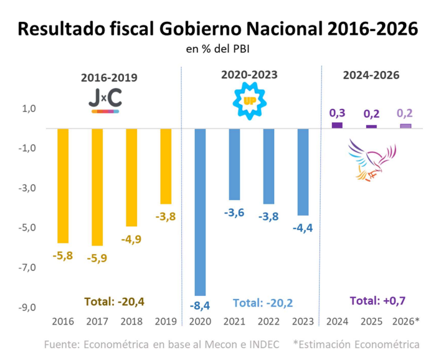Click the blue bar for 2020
click(x=201, y=212)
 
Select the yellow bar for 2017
click(x=97, y=187)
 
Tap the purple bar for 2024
click(x=337, y=125)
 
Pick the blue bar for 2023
click(x=303, y=172)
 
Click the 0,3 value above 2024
click(x=337, y=113)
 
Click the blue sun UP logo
click(x=249, y=100)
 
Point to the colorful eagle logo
click(x=372, y=161)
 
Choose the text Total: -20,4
click(x=115, y=302)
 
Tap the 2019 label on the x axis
click(x=166, y=321)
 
